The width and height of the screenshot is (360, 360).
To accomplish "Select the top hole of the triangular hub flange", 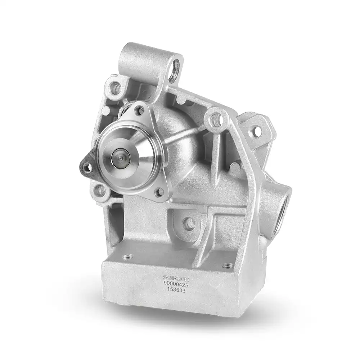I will coord(139,111).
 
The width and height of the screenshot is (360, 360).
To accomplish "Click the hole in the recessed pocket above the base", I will coord(189,223).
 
